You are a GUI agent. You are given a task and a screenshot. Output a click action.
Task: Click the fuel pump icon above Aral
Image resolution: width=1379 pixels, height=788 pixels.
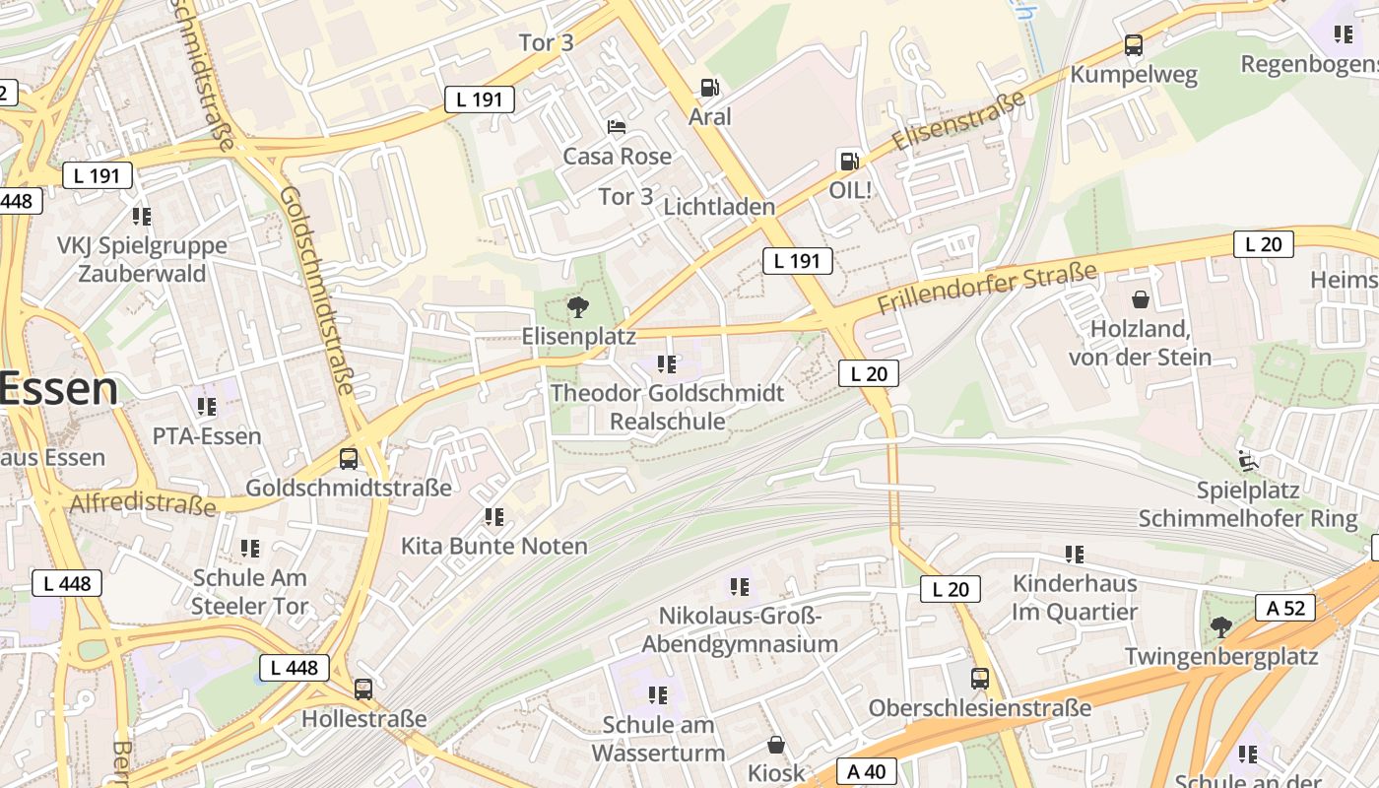click(709, 88)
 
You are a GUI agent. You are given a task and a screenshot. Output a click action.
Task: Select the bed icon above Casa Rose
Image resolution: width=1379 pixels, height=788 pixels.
click(617, 127)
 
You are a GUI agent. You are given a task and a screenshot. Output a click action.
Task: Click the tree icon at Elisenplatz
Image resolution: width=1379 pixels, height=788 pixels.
click(578, 307)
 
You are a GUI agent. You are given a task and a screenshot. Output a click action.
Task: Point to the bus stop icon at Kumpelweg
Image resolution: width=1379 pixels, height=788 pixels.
click(1134, 45)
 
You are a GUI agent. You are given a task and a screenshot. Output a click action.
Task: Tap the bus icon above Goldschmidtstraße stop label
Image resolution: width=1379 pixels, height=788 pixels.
click(349, 458)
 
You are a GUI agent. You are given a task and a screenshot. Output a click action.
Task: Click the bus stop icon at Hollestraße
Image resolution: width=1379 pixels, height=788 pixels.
click(363, 689)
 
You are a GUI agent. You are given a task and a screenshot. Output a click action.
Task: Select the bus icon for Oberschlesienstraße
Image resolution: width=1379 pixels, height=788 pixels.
click(979, 679)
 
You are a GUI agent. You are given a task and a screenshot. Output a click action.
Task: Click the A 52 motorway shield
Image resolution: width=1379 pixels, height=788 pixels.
click(1285, 608)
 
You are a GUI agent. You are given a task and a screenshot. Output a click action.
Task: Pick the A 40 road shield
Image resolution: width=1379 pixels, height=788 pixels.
click(867, 771)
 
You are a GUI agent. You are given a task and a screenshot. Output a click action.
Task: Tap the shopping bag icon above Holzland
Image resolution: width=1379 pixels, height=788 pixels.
click(1141, 299)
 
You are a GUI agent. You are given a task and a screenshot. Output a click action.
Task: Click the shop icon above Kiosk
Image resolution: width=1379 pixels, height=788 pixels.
click(776, 745)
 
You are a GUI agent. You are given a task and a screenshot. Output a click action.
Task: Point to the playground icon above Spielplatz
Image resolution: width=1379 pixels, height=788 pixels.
click(1247, 459)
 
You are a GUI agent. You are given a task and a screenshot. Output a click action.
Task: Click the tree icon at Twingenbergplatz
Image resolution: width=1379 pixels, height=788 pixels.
click(1220, 626)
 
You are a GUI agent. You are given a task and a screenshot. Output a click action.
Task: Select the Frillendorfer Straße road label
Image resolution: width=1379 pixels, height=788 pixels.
click(986, 289)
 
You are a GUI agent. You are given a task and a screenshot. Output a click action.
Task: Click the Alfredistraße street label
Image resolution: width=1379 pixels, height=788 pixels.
click(142, 504)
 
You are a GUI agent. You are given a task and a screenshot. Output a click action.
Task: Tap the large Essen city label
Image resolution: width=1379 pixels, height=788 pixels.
click(59, 389)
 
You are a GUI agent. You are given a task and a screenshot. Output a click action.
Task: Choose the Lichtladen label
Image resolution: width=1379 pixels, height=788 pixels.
click(719, 207)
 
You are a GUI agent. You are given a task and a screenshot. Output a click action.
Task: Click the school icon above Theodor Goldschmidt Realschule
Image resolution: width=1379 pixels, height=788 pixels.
click(667, 364)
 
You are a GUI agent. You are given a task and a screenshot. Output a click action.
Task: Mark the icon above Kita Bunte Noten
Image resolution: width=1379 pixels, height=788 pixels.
click(494, 517)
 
